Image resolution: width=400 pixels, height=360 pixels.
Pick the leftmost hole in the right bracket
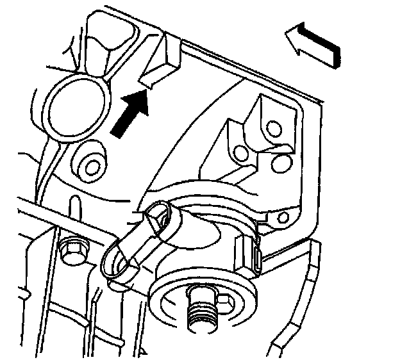tap(242, 154)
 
